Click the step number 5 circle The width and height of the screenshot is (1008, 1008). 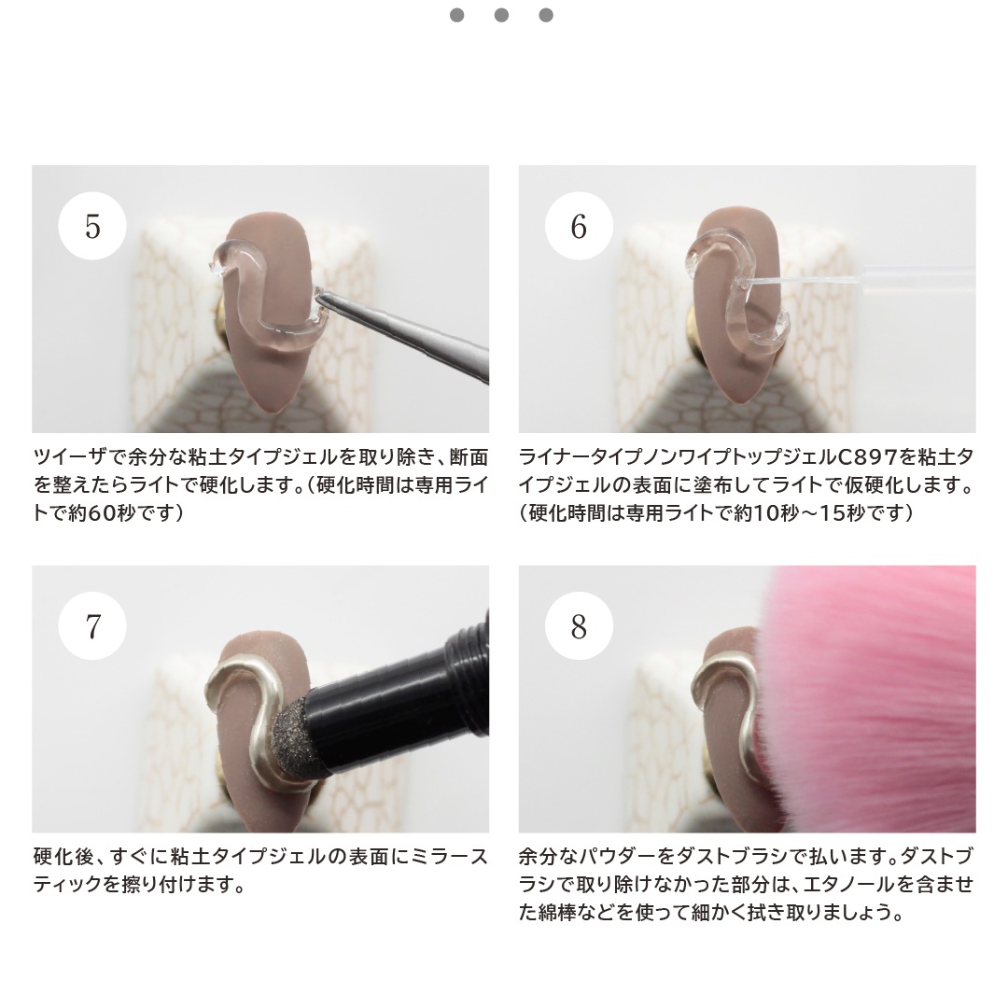(92, 227)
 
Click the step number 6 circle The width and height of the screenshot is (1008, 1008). (579, 227)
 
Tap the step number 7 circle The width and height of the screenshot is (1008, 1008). (92, 626)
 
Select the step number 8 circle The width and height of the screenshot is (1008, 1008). (579, 626)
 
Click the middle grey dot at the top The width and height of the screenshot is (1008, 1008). (501, 15)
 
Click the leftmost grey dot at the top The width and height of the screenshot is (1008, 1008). (456, 15)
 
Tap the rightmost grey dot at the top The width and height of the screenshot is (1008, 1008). (546, 15)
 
